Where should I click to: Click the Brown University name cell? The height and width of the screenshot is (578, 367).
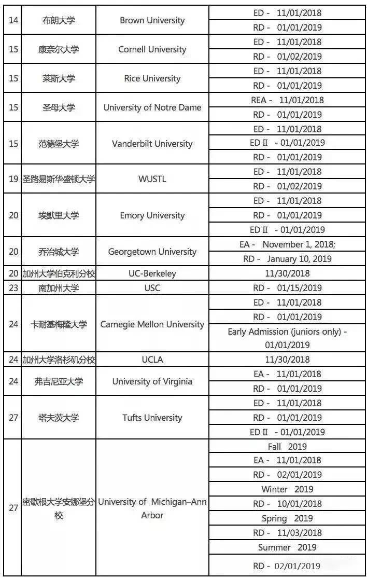pos(152,21)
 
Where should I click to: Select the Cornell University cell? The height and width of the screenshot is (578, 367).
pos(152,50)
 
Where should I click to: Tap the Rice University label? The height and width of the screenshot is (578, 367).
pos(152,79)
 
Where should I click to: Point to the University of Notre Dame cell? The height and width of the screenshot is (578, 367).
pos(152,108)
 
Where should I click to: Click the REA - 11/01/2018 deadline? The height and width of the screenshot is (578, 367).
pos(287,100)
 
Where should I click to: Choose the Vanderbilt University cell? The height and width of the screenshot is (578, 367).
pos(152,144)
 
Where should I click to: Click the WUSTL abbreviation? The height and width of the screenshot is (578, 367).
pos(152,179)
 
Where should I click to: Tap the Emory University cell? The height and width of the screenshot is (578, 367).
pos(152,215)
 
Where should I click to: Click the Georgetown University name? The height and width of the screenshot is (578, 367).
pos(152,252)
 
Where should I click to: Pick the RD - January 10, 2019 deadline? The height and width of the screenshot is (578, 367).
pos(287,259)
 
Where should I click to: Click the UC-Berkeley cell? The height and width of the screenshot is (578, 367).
pos(152,273)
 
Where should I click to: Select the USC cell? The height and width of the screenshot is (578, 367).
pos(152,288)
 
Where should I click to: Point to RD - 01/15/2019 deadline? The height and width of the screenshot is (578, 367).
pos(287,288)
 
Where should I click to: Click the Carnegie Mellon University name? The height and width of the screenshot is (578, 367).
pos(152,324)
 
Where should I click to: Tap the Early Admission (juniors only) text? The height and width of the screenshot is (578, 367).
pos(287,332)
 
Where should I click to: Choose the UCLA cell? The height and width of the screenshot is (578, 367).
pos(152,360)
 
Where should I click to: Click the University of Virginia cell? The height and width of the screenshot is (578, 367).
pos(152,381)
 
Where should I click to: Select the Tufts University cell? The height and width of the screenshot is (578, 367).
pos(152,418)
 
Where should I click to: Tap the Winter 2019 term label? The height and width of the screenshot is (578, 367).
pos(287,489)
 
